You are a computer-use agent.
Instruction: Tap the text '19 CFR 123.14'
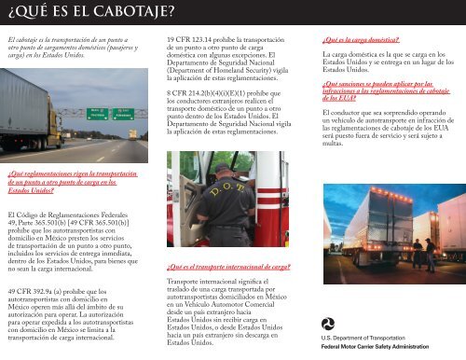coord(190,40)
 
